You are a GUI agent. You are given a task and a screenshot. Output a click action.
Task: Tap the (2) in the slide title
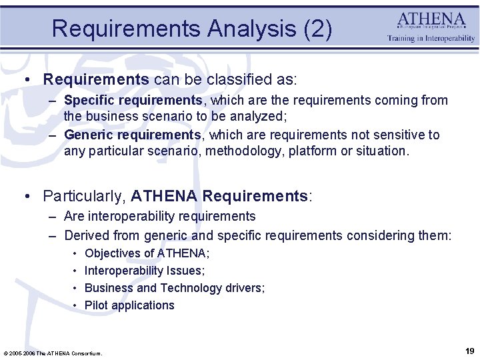pyautogui.click(x=317, y=29)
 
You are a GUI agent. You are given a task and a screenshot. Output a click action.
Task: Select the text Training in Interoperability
pyautogui.click(x=431, y=39)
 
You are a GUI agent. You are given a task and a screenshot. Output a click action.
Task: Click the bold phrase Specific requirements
pyautogui.click(x=133, y=100)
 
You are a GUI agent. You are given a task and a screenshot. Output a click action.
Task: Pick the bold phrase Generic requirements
pyautogui.click(x=132, y=135)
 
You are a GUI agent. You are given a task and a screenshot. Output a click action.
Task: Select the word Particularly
pyautogui.click(x=83, y=196)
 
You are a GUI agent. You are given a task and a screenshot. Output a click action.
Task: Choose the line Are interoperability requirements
pyautogui.click(x=159, y=216)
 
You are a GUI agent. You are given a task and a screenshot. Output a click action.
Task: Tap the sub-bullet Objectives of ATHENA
pyautogui.click(x=147, y=253)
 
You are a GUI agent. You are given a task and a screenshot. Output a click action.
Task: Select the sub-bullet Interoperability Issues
pyautogui.click(x=145, y=271)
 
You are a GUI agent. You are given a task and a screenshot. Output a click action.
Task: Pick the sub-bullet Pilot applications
pyautogui.click(x=129, y=305)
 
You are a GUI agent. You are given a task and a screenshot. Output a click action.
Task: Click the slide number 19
pyautogui.click(x=469, y=351)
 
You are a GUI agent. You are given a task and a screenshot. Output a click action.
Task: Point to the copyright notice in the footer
pyautogui.click(x=53, y=353)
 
